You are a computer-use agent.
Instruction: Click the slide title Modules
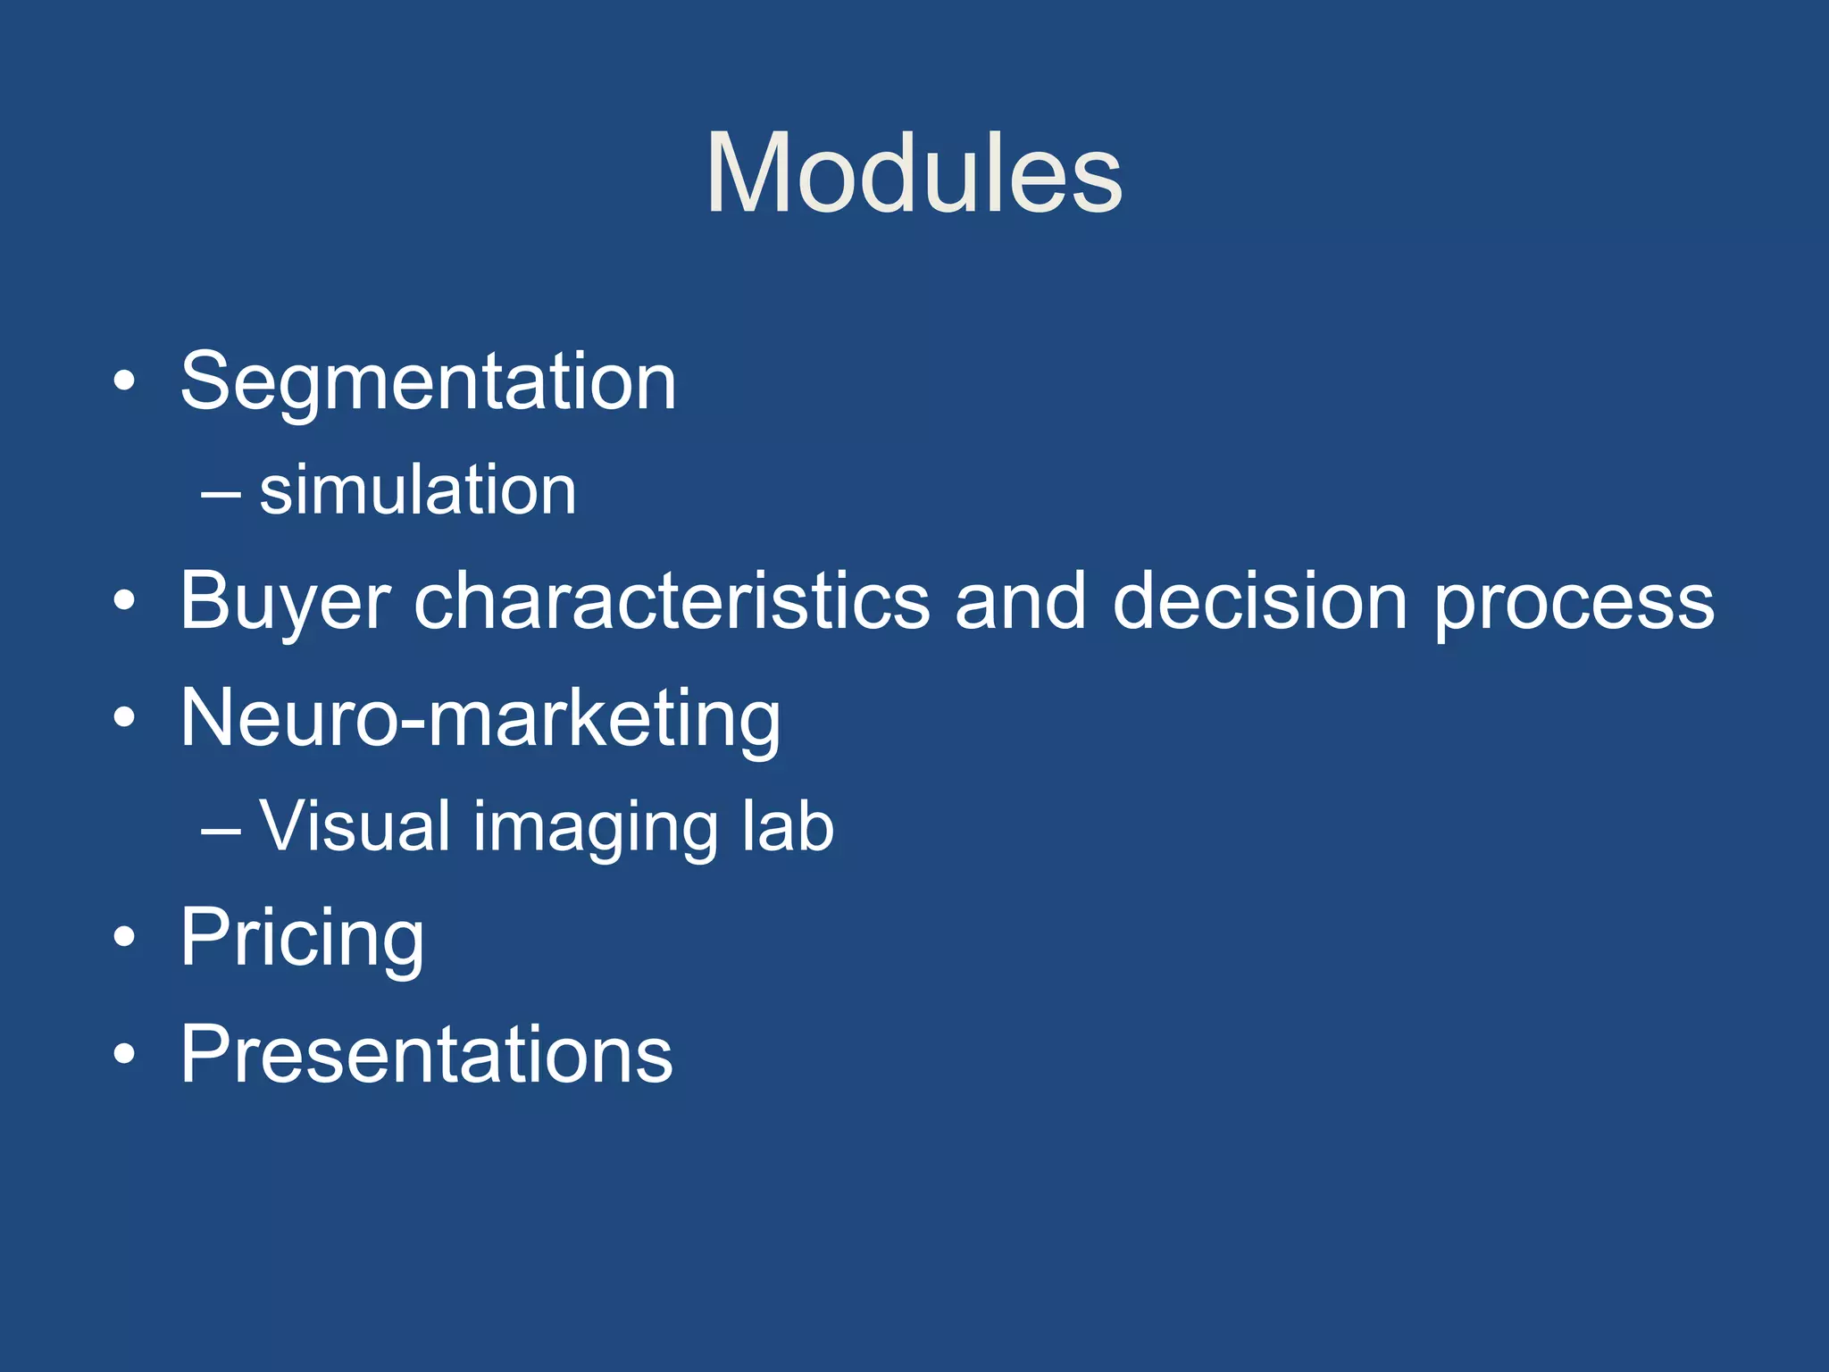[914, 173]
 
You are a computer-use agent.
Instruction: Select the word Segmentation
[429, 382]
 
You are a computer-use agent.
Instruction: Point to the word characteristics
[672, 600]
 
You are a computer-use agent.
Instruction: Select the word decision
[1261, 600]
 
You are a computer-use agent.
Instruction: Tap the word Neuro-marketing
[480, 718]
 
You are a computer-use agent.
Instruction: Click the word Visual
[355, 825]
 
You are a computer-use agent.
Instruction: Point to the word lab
[789, 825]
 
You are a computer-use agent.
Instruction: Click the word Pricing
[302, 938]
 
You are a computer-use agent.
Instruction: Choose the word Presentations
[426, 1055]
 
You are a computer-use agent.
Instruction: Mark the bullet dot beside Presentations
[125, 1057]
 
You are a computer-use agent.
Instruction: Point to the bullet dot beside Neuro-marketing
[125, 719]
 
